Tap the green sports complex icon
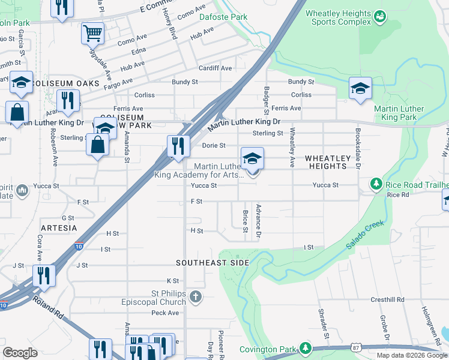(379, 16)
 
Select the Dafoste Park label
(223, 17)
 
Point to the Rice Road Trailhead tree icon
(377, 183)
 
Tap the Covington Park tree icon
(306, 348)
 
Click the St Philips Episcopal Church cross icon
(195, 296)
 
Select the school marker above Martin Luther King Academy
(252, 158)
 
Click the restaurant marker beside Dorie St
(177, 146)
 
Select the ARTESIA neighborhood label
(59, 228)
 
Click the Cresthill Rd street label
(387, 299)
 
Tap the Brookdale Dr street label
(358, 148)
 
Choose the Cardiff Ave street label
(215, 68)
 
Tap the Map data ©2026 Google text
(412, 355)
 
